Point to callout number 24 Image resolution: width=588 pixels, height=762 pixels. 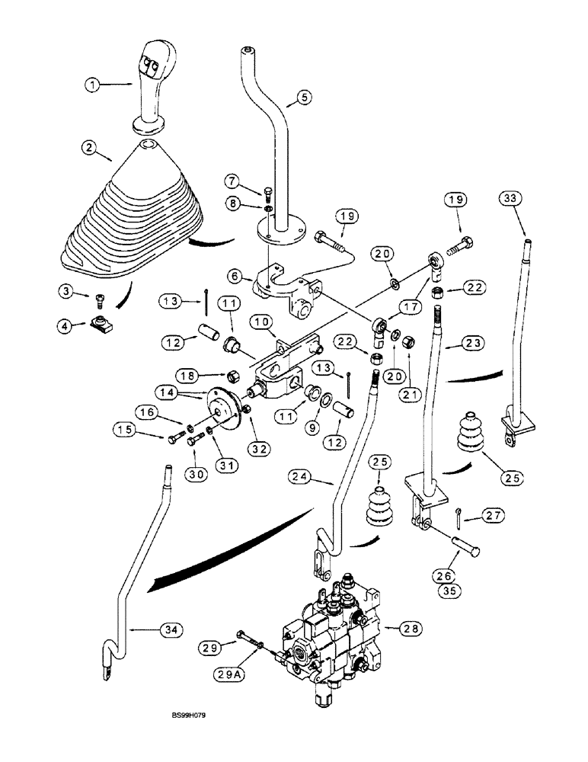coord(302,478)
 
